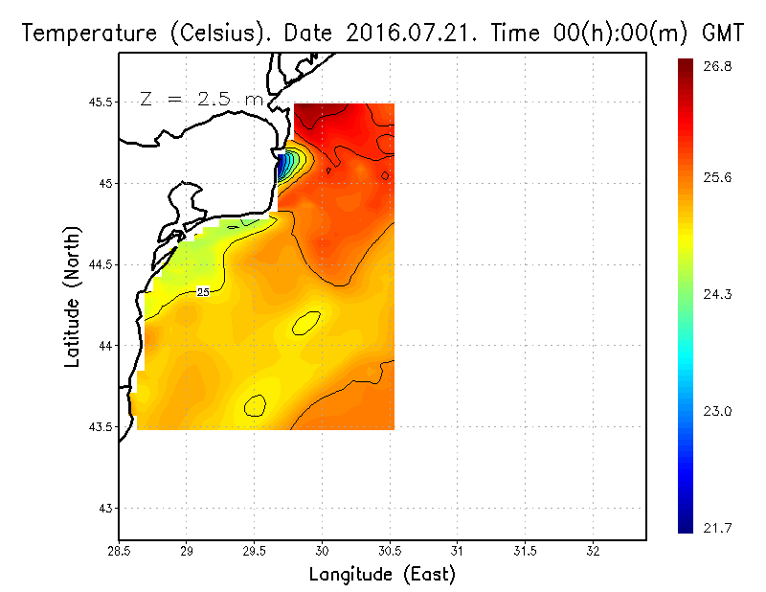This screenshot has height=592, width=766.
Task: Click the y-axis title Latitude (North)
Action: (x=73, y=296)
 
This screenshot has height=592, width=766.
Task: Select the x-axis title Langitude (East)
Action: (x=382, y=574)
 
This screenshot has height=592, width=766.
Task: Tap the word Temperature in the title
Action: (x=80, y=34)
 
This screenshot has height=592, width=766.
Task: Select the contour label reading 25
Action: (x=203, y=292)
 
